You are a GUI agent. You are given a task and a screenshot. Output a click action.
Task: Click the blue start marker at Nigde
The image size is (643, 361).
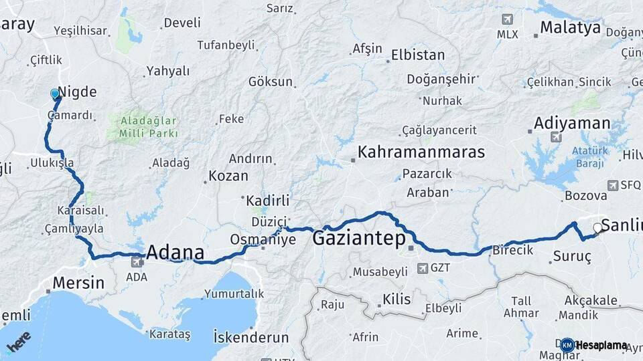click(55, 94)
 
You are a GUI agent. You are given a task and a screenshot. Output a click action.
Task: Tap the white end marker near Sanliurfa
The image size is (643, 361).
click(598, 228)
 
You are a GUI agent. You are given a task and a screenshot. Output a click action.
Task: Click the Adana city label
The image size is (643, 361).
click(175, 253)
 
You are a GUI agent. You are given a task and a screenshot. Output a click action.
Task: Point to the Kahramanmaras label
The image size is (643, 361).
click(421, 152)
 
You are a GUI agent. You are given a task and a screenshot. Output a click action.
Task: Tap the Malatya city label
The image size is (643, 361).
click(571, 27)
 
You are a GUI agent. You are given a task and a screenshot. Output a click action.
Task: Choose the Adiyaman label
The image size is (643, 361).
click(572, 123)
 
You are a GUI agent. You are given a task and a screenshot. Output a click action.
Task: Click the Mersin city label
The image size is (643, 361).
click(78, 282)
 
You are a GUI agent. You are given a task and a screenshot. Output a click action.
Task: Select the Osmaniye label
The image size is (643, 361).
click(263, 239)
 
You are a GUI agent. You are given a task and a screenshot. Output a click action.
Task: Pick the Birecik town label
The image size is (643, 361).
click(512, 250)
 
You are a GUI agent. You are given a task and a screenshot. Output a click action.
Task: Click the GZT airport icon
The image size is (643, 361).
click(423, 268)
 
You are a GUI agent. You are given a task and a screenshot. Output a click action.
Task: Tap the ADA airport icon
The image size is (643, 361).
click(137, 262)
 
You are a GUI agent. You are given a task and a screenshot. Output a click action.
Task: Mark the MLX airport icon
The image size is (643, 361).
click(506, 19)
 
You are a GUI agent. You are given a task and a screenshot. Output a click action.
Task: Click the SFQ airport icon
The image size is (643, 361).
click(613, 185)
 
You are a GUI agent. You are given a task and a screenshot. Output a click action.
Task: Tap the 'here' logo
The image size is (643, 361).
click(18, 341)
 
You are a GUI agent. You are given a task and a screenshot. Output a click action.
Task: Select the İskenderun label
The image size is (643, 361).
click(251, 337)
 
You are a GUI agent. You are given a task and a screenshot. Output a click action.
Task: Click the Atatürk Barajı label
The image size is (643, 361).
click(589, 156)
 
